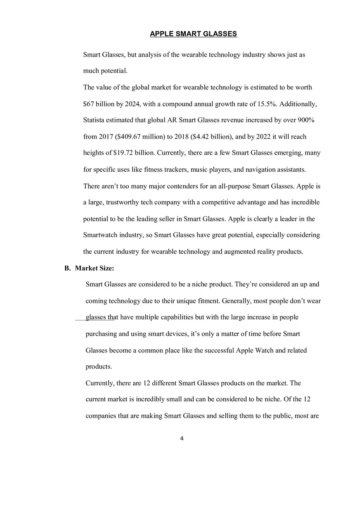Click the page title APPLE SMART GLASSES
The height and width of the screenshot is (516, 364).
193,34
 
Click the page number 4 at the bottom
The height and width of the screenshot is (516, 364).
182,439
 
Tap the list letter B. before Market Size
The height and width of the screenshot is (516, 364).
67,268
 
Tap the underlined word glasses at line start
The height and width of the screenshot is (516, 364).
96,317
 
